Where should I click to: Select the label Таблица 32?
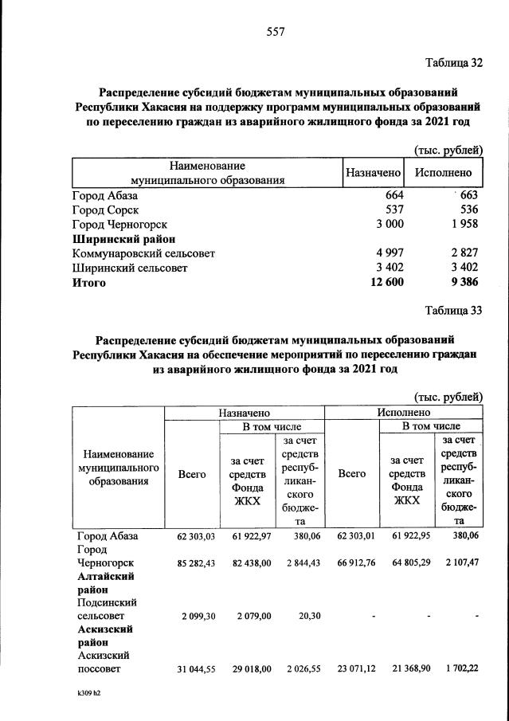[454, 63]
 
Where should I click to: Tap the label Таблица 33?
[454, 311]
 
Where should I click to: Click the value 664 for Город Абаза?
[394, 196]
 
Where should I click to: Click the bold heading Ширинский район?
[123, 239]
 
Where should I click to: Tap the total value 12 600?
[384, 282]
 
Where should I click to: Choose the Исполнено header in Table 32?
[443, 172]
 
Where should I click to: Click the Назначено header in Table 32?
[372, 172]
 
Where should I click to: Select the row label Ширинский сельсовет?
[130, 268]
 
